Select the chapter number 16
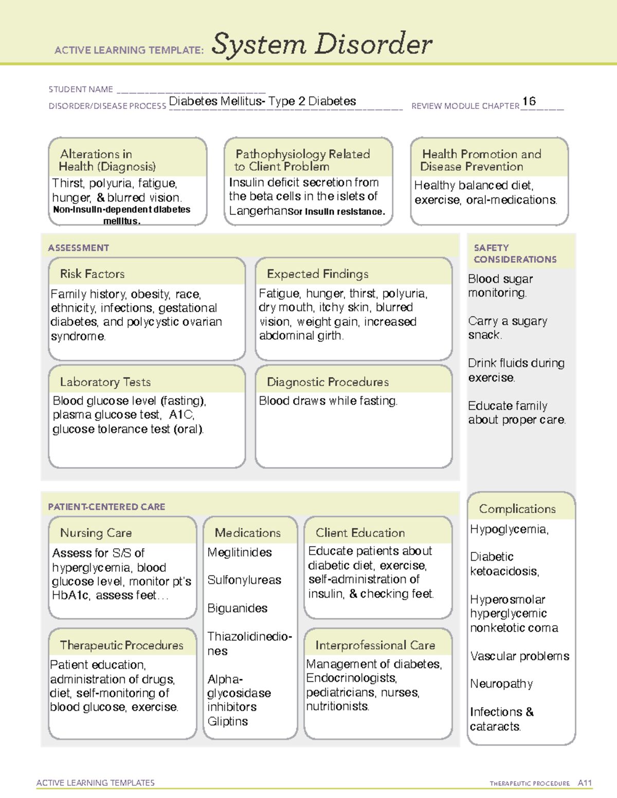click(x=529, y=101)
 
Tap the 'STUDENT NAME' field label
click(x=81, y=89)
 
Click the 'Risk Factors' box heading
click(x=92, y=274)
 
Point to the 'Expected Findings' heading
click(x=317, y=274)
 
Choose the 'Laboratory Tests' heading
click(x=105, y=382)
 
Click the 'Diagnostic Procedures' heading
click(x=328, y=382)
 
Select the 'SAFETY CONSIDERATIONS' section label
click(x=515, y=254)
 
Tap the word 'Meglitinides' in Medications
click(x=240, y=552)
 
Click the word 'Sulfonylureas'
click(x=244, y=580)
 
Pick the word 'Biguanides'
click(x=237, y=608)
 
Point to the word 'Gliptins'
click(x=227, y=721)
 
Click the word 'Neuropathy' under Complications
click(x=501, y=684)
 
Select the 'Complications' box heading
click(x=517, y=509)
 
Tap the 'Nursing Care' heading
click(x=96, y=533)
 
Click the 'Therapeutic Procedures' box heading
click(x=121, y=645)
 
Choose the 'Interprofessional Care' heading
click(x=375, y=645)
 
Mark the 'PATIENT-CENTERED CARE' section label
click(x=106, y=507)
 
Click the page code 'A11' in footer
click(x=585, y=783)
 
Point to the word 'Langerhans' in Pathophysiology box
click(x=258, y=211)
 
